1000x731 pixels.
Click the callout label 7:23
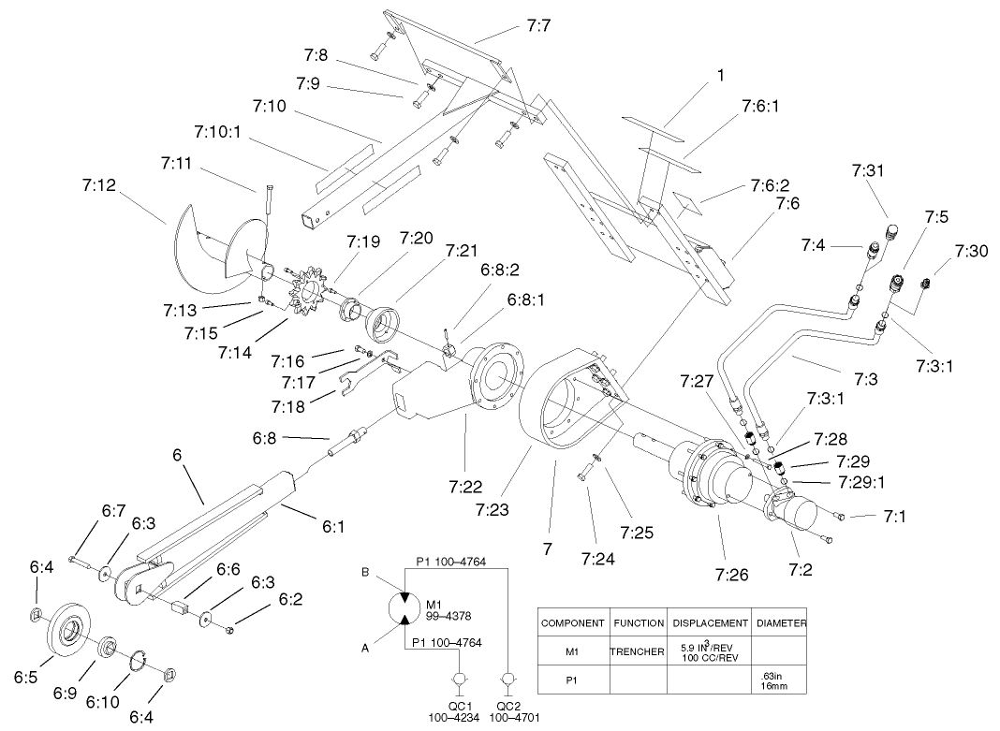pyautogui.click(x=492, y=509)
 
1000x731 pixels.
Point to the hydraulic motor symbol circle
pyautogui.click(x=403, y=607)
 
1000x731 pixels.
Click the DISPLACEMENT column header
pyautogui.click(x=708, y=622)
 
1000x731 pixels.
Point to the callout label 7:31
pyautogui.click(x=869, y=169)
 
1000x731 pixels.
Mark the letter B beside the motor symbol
pyautogui.click(x=365, y=571)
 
